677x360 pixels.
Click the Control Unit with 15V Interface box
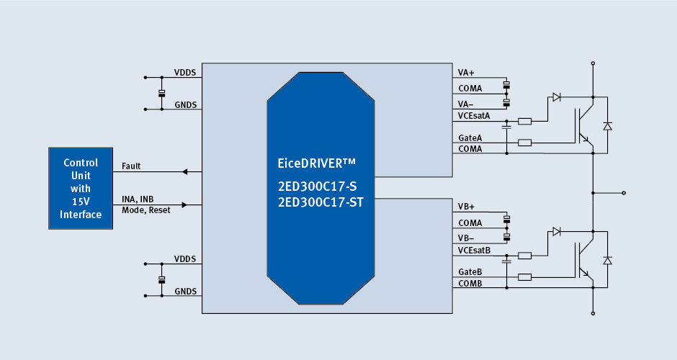81,189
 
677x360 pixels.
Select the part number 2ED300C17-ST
321,202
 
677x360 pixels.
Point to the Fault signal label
132,166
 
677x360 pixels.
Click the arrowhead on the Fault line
184,172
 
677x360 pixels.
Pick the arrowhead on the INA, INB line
184,205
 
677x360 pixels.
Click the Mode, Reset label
146,210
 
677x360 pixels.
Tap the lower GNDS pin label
185,292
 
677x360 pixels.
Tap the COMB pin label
470,283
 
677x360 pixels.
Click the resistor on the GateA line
525,143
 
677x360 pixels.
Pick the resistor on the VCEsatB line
525,256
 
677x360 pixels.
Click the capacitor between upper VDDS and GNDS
161,93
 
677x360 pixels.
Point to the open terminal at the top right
593,63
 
